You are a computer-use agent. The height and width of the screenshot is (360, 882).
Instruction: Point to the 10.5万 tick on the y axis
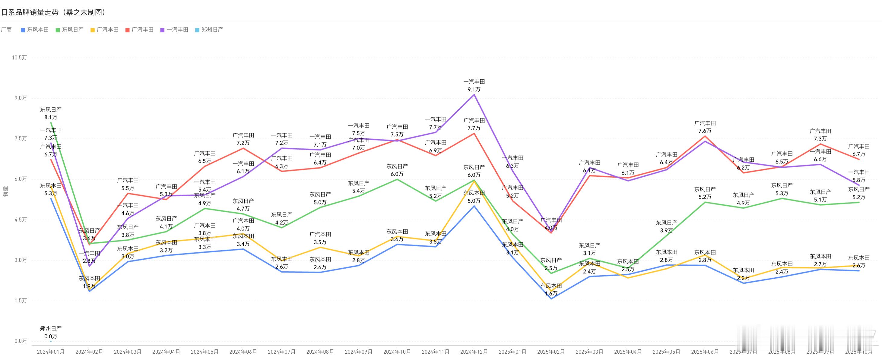pos(19,58)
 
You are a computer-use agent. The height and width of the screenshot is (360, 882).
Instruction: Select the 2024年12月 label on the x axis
pos(474,352)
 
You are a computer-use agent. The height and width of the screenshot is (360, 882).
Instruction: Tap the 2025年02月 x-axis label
pos(551,352)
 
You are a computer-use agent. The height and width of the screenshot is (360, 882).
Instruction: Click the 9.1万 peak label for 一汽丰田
pos(474,89)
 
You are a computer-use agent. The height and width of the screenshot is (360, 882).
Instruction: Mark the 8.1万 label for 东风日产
pos(51,117)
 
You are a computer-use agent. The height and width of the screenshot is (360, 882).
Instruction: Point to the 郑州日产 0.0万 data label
pos(51,336)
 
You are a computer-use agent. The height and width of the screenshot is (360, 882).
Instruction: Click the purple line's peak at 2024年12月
pos(474,94)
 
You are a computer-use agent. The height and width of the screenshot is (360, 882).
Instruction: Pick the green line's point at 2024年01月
pos(51,122)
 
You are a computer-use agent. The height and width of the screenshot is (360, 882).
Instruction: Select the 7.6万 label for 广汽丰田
pos(705,131)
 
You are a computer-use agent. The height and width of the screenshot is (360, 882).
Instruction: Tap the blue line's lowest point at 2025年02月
pos(551,299)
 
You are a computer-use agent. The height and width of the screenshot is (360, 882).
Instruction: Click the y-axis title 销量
pos(5,192)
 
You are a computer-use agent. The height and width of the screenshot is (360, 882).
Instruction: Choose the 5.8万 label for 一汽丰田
pos(859,180)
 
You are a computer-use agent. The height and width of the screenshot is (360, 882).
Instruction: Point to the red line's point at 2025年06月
pos(705,136)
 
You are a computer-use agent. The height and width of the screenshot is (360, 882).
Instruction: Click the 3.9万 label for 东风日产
pos(666,230)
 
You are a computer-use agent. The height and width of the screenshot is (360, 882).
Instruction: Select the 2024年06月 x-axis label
pos(243,352)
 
